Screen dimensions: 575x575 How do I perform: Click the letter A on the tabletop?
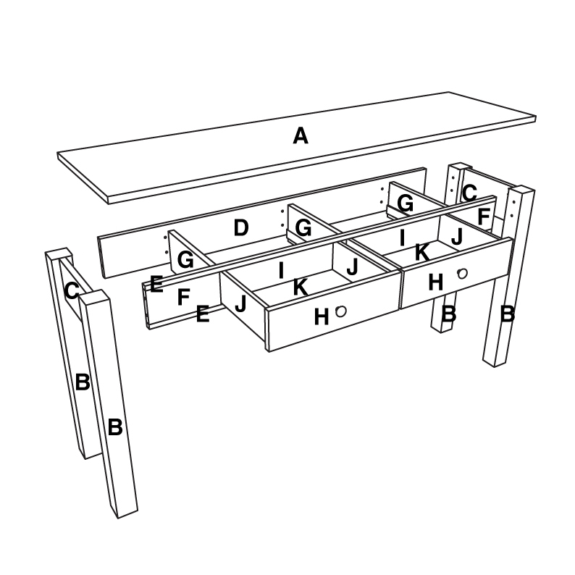(x=301, y=135)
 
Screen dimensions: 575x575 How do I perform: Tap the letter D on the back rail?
(x=241, y=229)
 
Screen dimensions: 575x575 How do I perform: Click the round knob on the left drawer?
(x=340, y=310)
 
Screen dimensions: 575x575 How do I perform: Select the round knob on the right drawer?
(x=462, y=273)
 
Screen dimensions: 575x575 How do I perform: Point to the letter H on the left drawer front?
(x=322, y=316)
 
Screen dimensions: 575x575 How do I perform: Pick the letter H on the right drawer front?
(x=435, y=282)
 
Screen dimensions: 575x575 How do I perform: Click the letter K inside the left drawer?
(x=301, y=287)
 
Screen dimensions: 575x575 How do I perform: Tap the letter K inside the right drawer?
(x=421, y=252)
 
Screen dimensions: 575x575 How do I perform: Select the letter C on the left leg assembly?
(x=71, y=291)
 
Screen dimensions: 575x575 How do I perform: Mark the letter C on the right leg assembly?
(x=469, y=193)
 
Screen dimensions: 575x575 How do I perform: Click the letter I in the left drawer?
(x=281, y=271)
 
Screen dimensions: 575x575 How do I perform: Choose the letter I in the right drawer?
(x=402, y=237)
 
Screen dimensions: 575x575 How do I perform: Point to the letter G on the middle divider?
(x=303, y=229)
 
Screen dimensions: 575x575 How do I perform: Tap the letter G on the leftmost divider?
(x=185, y=260)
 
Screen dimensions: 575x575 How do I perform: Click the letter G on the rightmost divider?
(x=405, y=204)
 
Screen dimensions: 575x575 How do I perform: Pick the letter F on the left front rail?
(x=183, y=296)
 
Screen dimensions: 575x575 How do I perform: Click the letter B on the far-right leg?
(x=508, y=314)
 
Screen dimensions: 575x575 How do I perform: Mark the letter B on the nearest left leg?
(x=114, y=427)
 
